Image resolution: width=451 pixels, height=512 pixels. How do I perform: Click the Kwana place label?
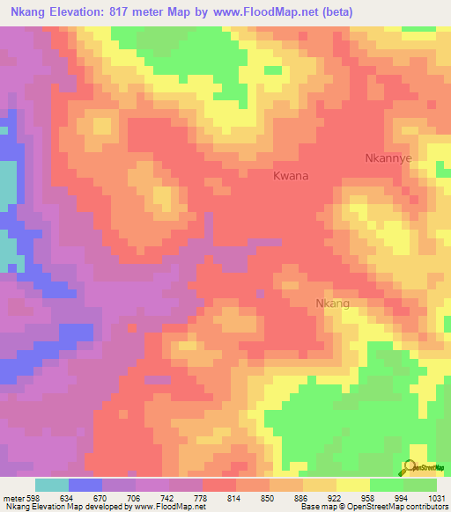(x=290, y=176)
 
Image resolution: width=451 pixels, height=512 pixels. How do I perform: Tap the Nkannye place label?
(x=388, y=158)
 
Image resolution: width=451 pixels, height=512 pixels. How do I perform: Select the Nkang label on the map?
(x=333, y=304)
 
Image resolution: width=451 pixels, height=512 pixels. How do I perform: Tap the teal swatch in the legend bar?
(x=52, y=484)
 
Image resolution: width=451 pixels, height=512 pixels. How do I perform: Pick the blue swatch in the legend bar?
(x=85, y=484)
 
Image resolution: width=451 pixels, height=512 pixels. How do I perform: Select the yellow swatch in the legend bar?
(x=352, y=484)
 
